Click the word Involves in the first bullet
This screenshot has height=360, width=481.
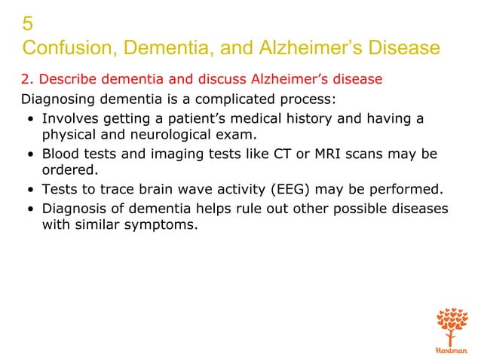point(70,118)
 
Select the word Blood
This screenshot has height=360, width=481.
point(61,154)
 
